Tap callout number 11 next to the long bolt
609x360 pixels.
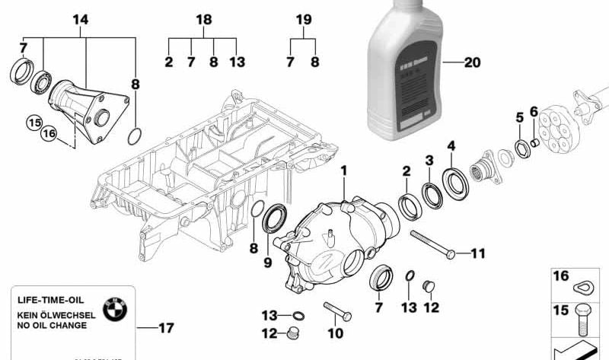pos(477,253)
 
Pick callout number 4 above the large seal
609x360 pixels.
pos(451,145)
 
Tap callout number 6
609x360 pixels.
pos(534,112)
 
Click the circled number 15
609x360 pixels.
pos(33,121)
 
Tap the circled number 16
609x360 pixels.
pos(49,134)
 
